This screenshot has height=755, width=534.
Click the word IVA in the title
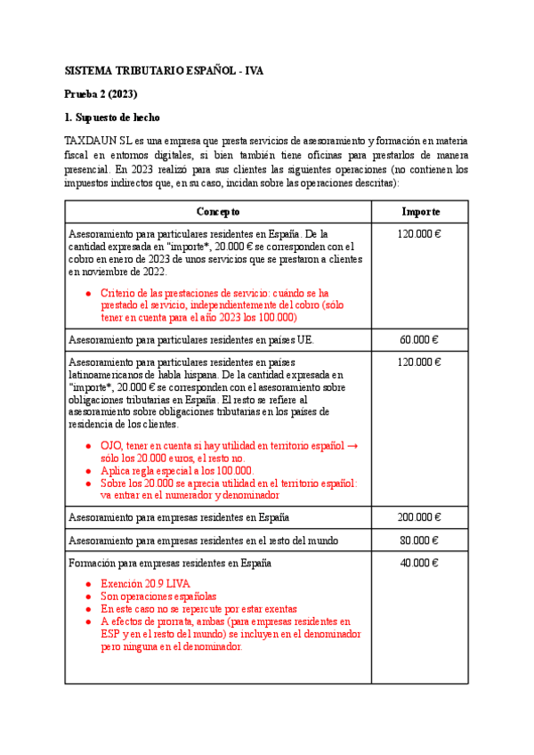[x=253, y=69]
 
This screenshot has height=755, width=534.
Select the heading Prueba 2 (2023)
[x=101, y=93]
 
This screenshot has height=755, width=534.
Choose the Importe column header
[x=420, y=212]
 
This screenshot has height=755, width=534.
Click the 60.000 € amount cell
[x=420, y=340]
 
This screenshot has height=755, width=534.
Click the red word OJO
[x=112, y=445]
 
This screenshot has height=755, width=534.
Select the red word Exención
[x=123, y=583]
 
